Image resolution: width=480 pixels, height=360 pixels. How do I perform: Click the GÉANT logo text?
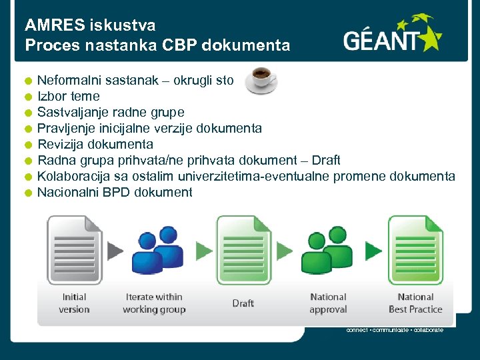384,41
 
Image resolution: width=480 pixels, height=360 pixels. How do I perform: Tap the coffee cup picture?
261,80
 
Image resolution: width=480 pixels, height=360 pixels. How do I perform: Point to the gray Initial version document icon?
73,250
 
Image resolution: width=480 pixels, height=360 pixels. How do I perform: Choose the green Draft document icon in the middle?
243,250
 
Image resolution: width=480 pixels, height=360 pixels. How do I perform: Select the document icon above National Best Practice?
415,250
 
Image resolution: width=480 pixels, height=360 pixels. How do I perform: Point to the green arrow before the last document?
373,251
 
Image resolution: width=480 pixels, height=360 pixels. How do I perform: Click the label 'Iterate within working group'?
154,303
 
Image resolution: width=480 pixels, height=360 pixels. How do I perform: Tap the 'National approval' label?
328,303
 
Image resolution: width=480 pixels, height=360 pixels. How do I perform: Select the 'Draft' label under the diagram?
243,303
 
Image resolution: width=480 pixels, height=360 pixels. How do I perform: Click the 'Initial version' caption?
74,303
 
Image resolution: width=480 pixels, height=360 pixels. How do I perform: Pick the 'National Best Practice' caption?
415,303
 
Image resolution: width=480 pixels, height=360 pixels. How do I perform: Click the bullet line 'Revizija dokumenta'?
95,145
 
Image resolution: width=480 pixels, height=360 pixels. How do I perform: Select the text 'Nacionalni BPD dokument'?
115,193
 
